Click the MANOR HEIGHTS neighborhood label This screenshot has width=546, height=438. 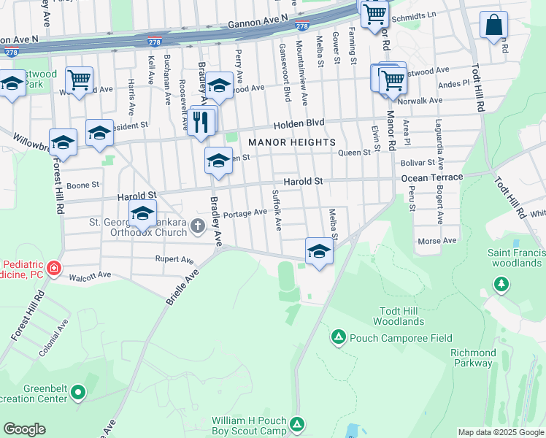point(291,142)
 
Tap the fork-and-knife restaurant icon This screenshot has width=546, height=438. point(202,122)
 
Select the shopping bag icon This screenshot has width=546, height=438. point(493,26)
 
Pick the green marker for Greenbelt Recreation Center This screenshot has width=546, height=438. point(78,394)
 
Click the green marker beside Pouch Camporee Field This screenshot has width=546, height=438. point(339,337)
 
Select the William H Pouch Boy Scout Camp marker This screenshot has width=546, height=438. point(297,424)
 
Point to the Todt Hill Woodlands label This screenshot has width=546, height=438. point(398,316)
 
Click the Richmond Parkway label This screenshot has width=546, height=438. point(473,358)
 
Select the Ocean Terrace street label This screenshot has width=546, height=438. point(431,177)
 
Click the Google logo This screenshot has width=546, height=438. point(24,429)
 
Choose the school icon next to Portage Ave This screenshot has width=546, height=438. point(142,215)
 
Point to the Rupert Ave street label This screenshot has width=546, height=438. point(174,259)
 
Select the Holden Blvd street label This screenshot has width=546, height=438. point(299,123)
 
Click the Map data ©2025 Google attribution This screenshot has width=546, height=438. point(501,432)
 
